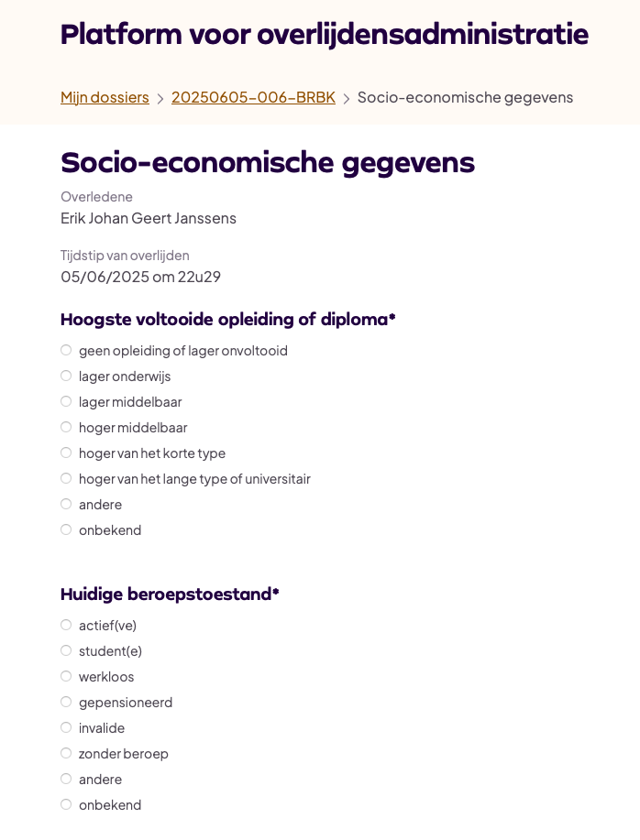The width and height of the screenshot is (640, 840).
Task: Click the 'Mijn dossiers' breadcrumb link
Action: click(105, 97)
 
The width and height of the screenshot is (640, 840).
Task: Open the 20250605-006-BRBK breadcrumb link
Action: click(253, 97)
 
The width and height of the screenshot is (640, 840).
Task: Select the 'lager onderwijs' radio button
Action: click(66, 376)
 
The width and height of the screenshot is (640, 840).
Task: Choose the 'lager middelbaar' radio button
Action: click(66, 401)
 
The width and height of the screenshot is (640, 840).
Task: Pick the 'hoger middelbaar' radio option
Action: click(66, 427)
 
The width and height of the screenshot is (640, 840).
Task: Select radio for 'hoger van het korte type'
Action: click(66, 453)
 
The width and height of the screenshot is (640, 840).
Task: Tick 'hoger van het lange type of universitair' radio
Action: click(66, 478)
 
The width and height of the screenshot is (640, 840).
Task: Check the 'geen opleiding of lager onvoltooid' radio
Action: click(66, 350)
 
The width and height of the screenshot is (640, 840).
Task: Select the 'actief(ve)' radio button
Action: click(66, 625)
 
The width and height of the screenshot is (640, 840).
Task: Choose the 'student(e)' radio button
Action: click(66, 650)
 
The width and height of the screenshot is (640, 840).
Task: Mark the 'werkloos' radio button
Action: click(66, 676)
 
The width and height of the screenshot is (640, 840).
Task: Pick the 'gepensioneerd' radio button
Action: click(66, 702)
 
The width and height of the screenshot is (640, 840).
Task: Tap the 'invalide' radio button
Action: click(66, 727)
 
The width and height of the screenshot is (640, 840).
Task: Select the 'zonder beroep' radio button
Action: click(66, 753)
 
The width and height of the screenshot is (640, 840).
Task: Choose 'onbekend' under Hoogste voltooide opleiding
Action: click(66, 529)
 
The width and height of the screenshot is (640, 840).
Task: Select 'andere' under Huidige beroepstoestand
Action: click(66, 779)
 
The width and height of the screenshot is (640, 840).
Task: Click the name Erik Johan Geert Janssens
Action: click(149, 218)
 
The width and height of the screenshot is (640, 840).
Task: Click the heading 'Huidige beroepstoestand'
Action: click(169, 594)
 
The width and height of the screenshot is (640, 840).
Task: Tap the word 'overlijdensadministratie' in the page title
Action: click(423, 34)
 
